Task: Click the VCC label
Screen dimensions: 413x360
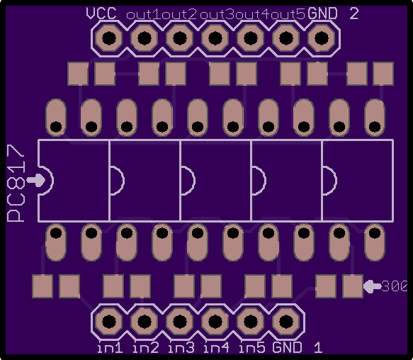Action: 101,13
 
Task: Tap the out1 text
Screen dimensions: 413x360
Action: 144,15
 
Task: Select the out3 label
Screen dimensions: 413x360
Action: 217,15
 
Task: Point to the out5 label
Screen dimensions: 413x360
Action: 288,15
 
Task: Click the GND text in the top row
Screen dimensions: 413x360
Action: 322,13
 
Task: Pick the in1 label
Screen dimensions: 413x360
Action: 110,348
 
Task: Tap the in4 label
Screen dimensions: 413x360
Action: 217,348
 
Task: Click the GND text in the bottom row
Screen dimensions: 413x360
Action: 287,347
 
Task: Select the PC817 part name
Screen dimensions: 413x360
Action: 16,183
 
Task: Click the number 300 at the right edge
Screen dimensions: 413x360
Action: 394,286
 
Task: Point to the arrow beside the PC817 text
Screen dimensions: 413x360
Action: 36,181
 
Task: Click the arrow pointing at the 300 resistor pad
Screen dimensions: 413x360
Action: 372,286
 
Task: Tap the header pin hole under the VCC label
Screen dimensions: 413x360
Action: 109,38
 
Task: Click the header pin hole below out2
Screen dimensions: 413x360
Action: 180,38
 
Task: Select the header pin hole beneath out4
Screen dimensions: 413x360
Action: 251,38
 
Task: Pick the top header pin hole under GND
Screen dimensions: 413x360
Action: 322,38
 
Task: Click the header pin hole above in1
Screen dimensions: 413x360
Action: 109,322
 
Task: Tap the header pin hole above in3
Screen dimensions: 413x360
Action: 180,322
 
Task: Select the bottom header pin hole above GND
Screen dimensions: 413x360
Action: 286,322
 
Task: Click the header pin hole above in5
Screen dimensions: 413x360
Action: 251,322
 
